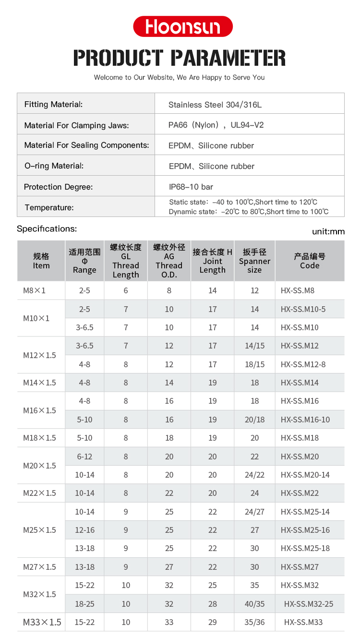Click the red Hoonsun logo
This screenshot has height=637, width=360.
pos(182,26)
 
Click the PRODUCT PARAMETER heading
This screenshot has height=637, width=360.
pos(180,58)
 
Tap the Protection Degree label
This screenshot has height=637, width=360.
pos(59,187)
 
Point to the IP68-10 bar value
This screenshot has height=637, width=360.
pos(191,187)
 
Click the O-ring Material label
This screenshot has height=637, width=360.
pos(54,166)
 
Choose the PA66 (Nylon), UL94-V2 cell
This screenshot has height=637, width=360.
pos(216,125)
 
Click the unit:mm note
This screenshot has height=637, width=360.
pos(328,231)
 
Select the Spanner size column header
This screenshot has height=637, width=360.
pos(254,261)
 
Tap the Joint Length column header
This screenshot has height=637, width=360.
pos(212,261)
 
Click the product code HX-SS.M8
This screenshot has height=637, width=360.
pos(298,290)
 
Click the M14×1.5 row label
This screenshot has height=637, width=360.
pos(39,383)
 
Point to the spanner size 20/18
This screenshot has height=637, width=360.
pos(254,420)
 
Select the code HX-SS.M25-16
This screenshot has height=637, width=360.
pos(305,530)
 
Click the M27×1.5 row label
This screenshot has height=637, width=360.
pos(39,567)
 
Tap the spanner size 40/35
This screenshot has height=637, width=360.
pos(254,604)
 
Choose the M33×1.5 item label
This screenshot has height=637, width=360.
pos(42,623)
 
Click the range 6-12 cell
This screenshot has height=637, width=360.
pos(84,457)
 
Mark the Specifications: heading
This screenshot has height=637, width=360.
pos(47,229)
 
